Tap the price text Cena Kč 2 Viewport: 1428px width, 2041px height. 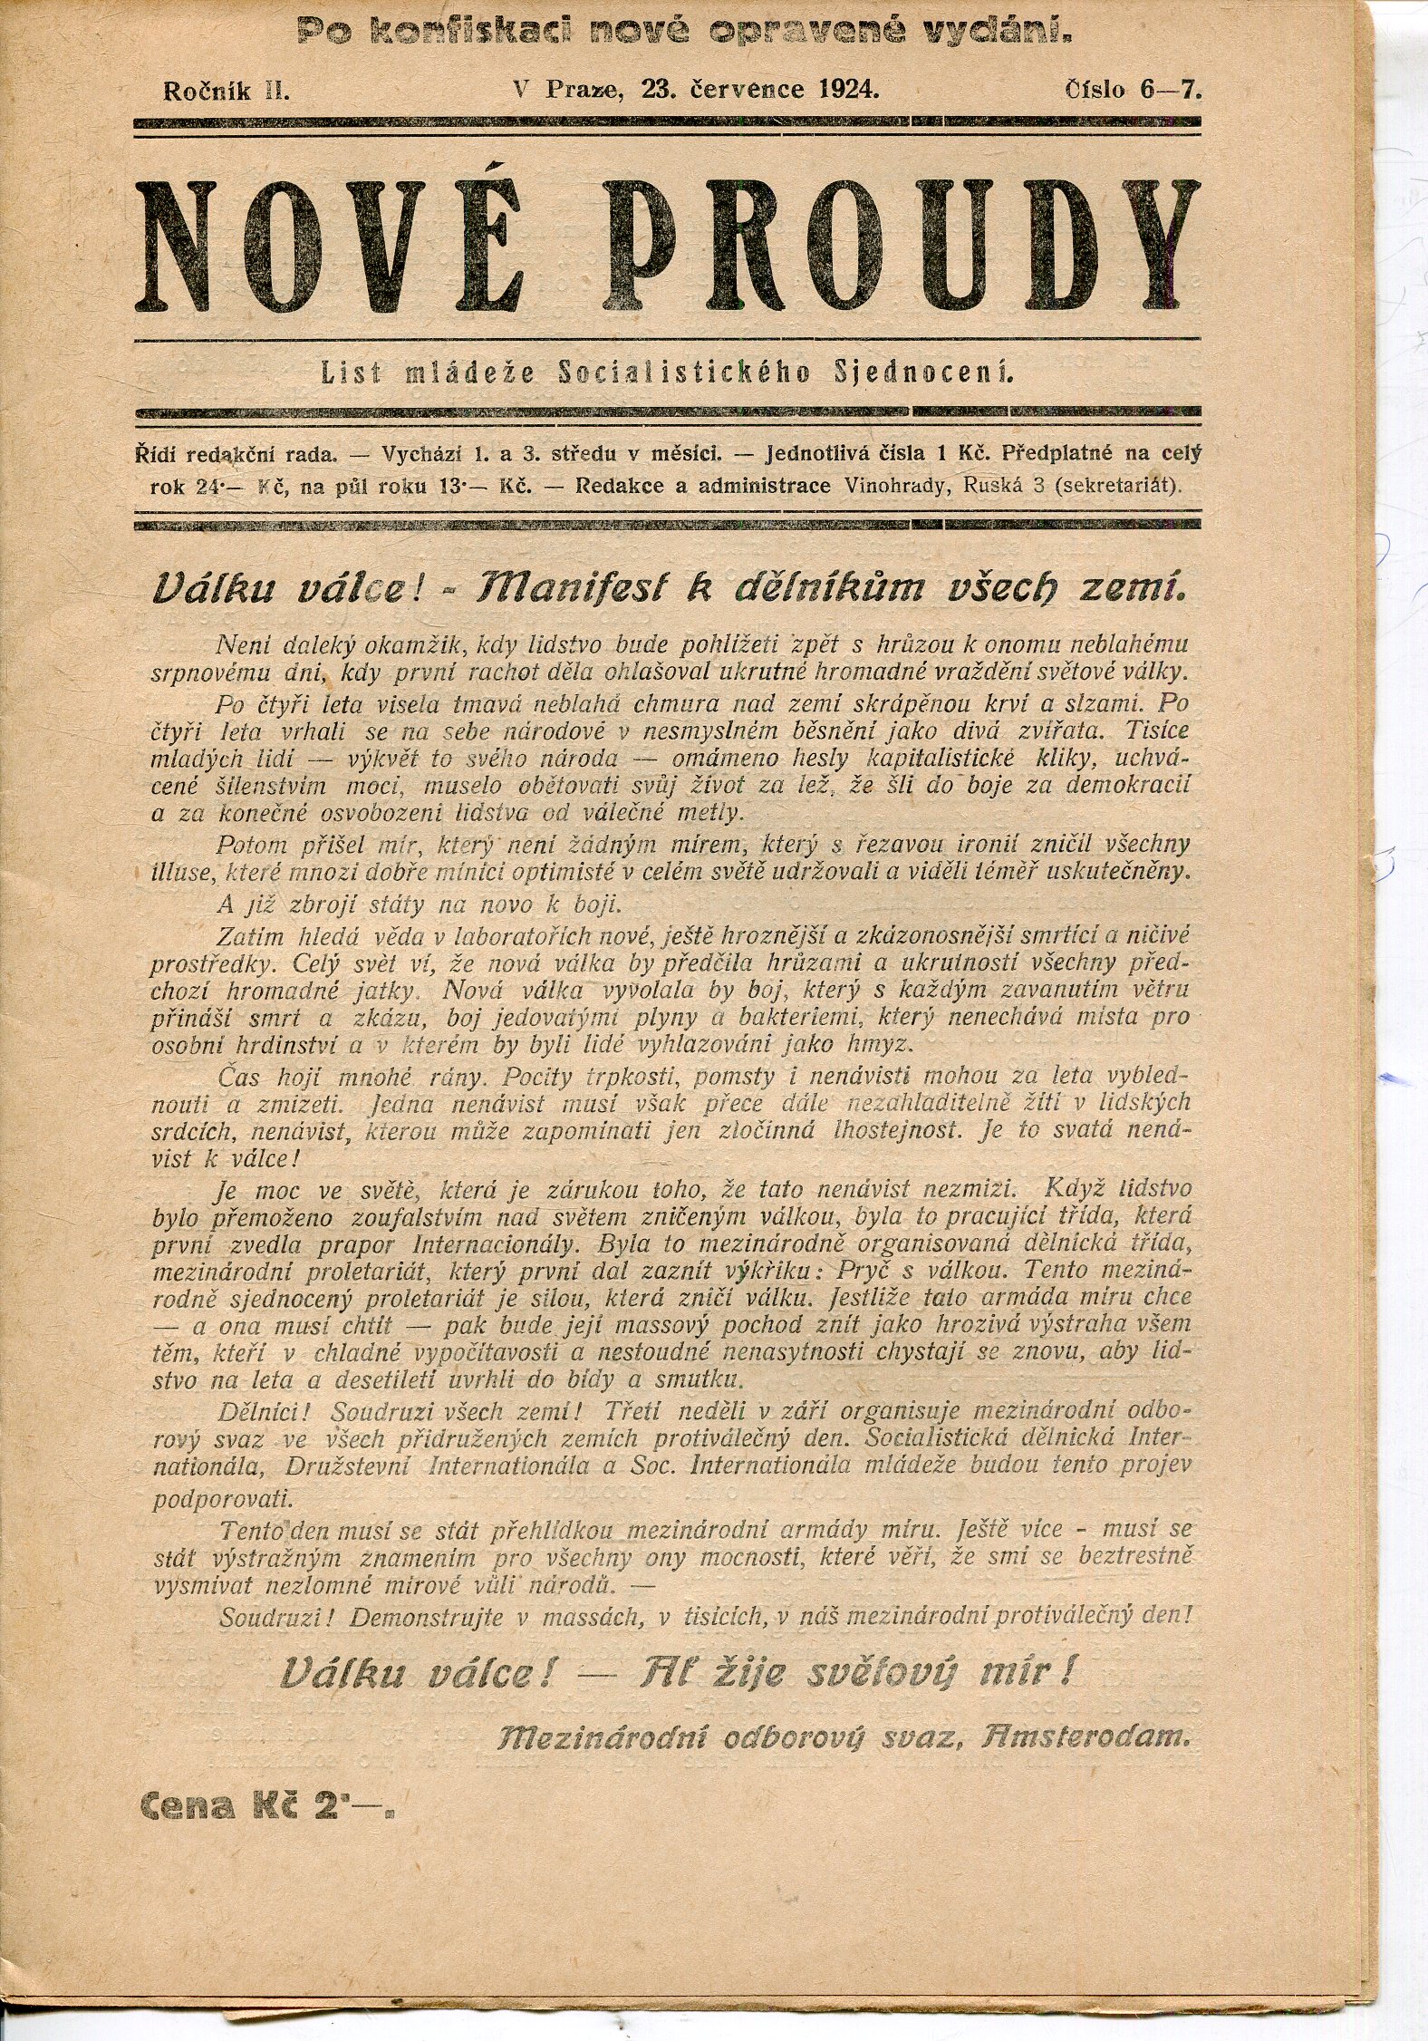coord(268,1806)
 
